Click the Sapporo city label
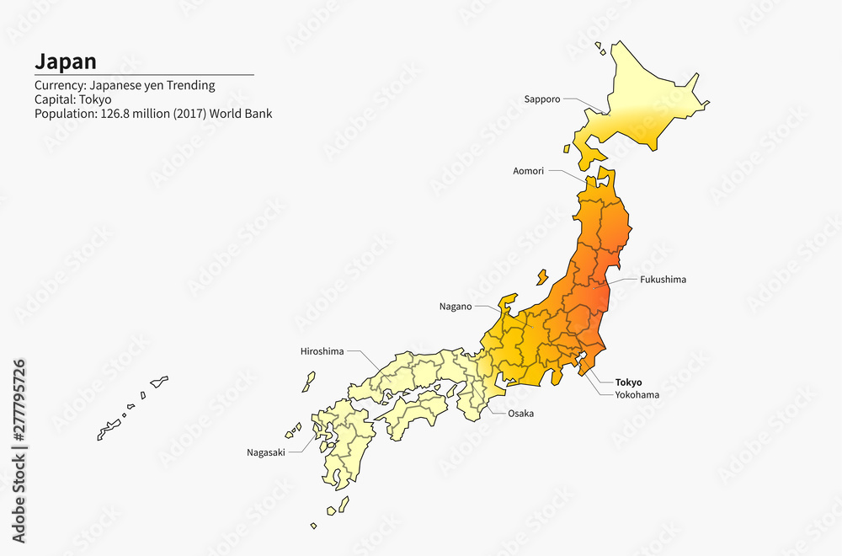point(541,99)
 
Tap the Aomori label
point(528,171)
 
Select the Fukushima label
point(663,279)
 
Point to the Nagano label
point(456,307)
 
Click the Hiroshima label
point(322,351)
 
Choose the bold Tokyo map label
point(628,382)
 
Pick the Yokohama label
point(637,394)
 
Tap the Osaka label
point(520,414)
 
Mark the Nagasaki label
point(265,452)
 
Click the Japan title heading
point(65,61)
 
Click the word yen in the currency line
point(150,85)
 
